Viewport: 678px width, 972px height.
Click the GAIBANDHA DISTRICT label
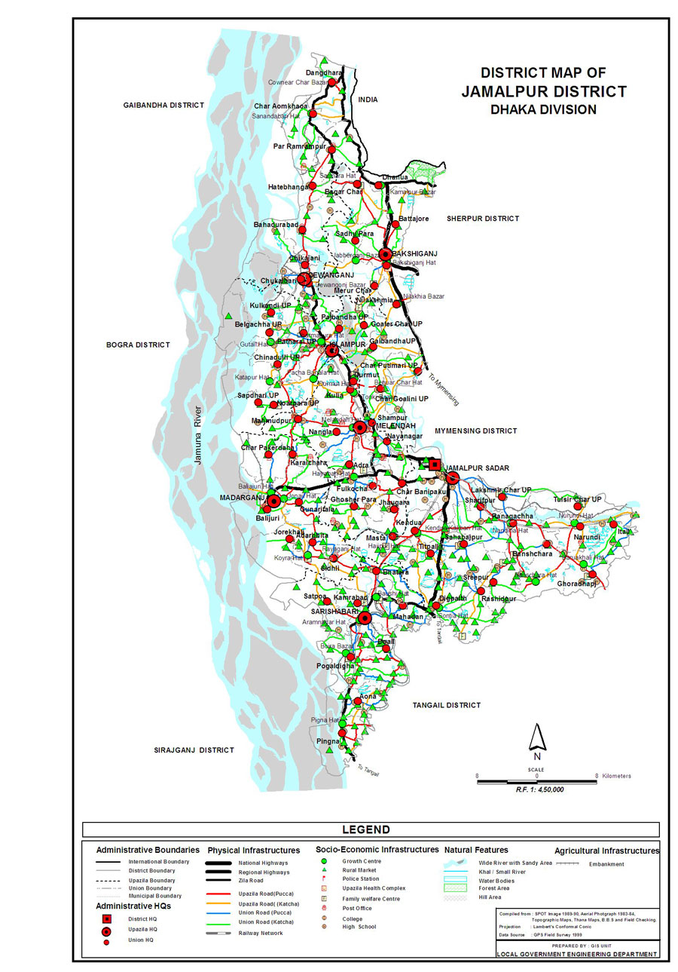(163, 105)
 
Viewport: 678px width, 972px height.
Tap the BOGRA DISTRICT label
(138, 345)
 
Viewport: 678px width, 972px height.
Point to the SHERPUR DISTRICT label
(483, 219)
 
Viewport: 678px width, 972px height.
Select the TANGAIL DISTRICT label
(446, 706)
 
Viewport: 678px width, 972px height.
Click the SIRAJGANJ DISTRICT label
(194, 750)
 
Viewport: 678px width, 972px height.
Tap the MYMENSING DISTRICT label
(475, 431)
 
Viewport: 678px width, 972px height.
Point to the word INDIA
(368, 100)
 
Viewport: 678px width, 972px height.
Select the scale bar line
(537, 782)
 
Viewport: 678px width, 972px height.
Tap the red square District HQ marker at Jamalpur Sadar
(435, 465)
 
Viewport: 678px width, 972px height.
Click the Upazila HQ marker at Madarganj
(274, 501)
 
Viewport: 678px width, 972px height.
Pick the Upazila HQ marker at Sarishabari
(365, 618)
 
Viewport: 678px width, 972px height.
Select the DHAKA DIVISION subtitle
(543, 109)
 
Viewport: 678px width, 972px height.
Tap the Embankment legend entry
(606, 864)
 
